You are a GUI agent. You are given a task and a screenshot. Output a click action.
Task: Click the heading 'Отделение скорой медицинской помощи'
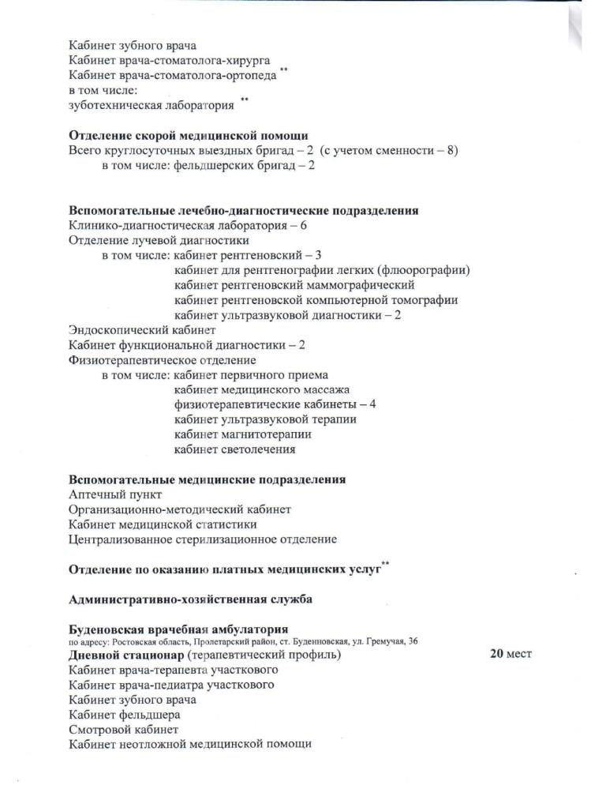pyautogui.click(x=188, y=135)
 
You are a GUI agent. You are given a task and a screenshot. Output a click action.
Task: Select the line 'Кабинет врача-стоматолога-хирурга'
pyautogui.click(x=170, y=60)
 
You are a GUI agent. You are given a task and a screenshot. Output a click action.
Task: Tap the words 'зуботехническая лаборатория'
pyautogui.click(x=151, y=105)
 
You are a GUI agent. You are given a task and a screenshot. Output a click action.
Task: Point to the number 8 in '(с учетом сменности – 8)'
pyautogui.click(x=451, y=150)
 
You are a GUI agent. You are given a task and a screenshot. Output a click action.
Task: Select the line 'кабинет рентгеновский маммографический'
pyautogui.click(x=294, y=285)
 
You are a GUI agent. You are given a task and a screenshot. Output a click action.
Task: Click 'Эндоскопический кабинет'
pyautogui.click(x=142, y=330)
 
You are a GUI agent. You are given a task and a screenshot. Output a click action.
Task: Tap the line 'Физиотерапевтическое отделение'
pyautogui.click(x=163, y=360)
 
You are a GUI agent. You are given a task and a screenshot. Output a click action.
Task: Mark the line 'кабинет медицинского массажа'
pyautogui.click(x=262, y=390)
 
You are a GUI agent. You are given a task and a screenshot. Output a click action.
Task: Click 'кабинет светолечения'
pyautogui.click(x=235, y=449)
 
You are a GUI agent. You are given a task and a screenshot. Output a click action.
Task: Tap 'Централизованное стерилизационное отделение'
pyautogui.click(x=203, y=539)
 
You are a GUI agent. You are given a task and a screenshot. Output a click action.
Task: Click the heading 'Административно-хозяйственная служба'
pyautogui.click(x=190, y=599)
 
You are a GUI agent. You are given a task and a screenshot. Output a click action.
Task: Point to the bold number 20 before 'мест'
pyautogui.click(x=497, y=654)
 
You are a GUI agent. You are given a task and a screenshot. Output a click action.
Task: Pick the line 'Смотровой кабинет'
pyautogui.click(x=124, y=729)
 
